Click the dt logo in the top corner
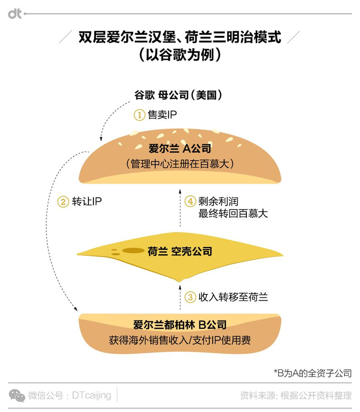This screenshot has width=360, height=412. (x=15, y=14)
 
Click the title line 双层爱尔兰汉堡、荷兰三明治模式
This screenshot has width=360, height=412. (x=179, y=38)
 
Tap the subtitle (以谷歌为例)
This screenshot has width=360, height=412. (x=179, y=55)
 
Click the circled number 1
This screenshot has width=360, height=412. (x=139, y=115)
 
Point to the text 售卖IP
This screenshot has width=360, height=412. (x=162, y=115)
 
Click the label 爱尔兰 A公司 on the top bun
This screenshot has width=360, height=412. (x=180, y=149)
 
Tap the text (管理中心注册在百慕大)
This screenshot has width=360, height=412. (x=180, y=164)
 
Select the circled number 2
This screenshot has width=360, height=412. (x=63, y=201)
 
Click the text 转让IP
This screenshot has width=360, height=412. (x=87, y=201)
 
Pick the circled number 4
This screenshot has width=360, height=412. (x=190, y=201)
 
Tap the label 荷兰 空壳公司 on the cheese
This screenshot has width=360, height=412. (x=179, y=252)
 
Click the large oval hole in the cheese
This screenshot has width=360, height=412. (x=133, y=251)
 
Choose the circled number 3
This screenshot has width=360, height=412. (x=190, y=297)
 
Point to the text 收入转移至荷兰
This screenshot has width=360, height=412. (x=233, y=297)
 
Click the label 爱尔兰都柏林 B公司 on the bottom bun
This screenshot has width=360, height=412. (x=179, y=326)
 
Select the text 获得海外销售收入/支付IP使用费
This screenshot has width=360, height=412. (x=179, y=340)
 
